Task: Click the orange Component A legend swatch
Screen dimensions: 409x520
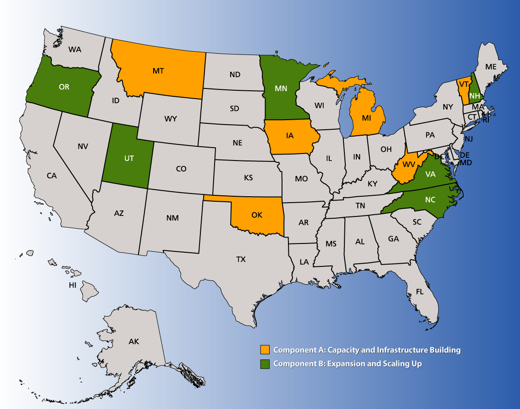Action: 265,350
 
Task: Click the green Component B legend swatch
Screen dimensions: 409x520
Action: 265,364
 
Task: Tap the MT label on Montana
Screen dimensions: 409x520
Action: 158,71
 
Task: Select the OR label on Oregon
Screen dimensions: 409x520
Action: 64,86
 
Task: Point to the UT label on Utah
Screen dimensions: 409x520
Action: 129,158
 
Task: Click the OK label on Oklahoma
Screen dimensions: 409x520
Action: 257,214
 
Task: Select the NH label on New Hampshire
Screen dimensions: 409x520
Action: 475,95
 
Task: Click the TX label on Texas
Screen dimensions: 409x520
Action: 241,259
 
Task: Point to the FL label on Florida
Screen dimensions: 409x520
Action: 420,291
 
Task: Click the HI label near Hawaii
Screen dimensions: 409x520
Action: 72,285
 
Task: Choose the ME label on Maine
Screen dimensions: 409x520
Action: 491,66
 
